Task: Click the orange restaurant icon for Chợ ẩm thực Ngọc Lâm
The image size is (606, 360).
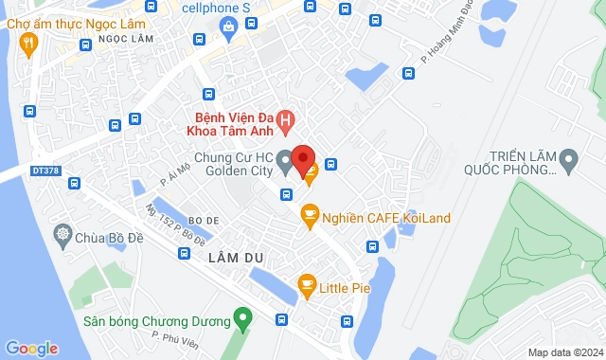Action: (29, 42)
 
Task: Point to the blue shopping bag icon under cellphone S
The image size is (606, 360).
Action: (229, 29)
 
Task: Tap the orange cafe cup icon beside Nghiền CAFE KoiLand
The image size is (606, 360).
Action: (308, 218)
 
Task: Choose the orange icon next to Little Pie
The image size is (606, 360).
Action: (306, 283)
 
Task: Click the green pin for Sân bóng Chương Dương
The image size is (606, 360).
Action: (243, 319)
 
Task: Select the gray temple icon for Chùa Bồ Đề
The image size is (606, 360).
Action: (63, 234)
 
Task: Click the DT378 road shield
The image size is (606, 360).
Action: (44, 171)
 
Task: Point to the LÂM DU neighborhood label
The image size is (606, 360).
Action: (239, 258)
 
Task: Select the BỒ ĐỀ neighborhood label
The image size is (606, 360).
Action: (205, 218)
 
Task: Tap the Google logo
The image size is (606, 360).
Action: (31, 348)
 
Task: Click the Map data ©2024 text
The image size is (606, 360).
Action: (564, 352)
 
